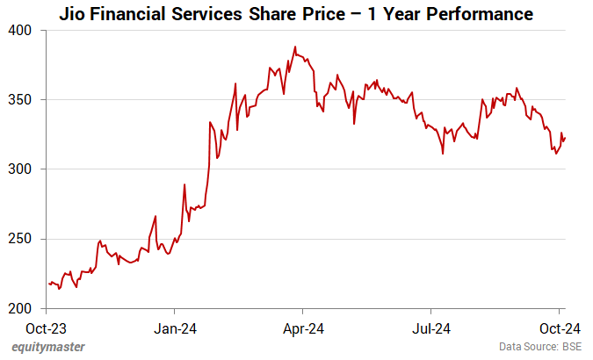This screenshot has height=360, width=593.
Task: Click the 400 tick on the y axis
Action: [19, 31]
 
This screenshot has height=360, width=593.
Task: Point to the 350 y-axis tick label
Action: [19, 100]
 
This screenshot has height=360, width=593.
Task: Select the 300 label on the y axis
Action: [19, 169]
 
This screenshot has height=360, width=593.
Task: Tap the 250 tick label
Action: [19, 239]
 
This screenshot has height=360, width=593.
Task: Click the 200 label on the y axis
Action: [19, 308]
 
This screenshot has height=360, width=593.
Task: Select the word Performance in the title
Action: [478, 14]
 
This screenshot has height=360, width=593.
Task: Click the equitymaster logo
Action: [48, 347]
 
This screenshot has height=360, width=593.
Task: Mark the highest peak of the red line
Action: [295, 47]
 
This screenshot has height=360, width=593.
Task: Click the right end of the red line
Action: [565, 137]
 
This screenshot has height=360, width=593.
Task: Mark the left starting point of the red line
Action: [49, 283]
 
